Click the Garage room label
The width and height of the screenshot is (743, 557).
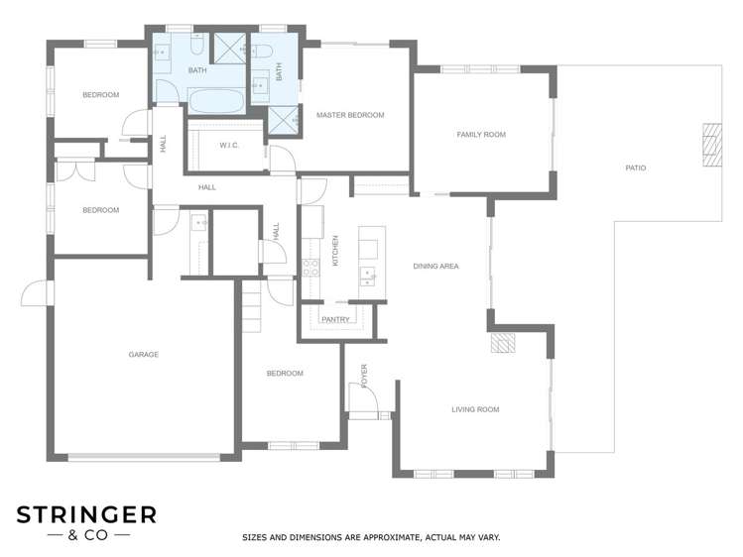tap(143, 354)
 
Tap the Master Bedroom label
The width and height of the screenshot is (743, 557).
tap(350, 115)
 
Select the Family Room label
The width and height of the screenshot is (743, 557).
tap(481, 135)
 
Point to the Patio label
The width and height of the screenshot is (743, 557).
tap(636, 168)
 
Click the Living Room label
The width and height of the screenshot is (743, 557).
tap(475, 409)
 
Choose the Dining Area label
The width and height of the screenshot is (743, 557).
tap(435, 266)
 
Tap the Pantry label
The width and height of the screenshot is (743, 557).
tap(335, 320)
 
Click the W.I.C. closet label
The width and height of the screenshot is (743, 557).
tap(229, 146)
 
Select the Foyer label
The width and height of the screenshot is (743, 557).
tap(364, 377)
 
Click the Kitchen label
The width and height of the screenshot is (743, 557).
tap(335, 251)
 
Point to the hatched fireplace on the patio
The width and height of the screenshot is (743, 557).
tap(712, 145)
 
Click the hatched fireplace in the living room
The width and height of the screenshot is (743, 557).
tap(503, 343)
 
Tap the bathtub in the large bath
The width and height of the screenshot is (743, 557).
tap(216, 101)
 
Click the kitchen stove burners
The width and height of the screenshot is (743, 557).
tap(310, 268)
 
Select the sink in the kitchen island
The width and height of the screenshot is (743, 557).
tap(368, 277)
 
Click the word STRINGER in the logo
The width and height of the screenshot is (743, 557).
tap(86, 515)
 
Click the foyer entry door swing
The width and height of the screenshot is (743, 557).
tap(362, 396)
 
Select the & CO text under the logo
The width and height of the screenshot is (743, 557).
tap(88, 536)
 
